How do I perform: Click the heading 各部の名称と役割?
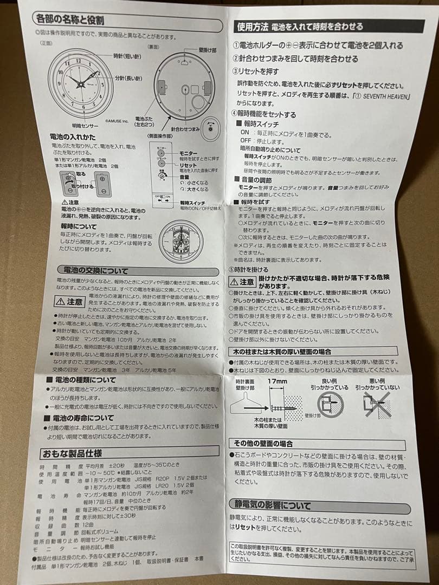70,21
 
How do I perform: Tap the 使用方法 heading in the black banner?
253,26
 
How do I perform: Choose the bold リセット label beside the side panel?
188,165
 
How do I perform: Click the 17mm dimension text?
276,382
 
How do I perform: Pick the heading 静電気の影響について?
277,505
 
